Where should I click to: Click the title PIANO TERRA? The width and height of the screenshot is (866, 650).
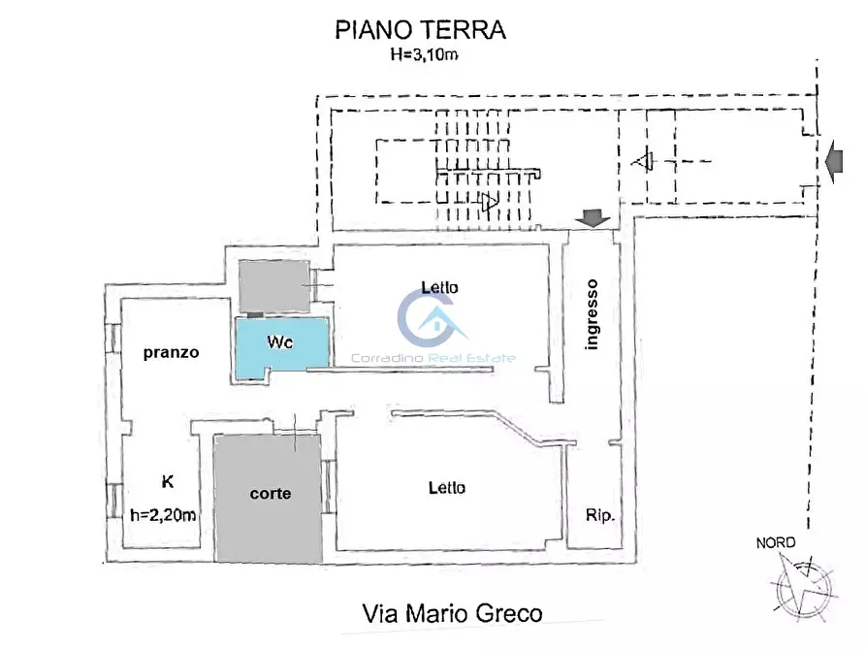(420, 30)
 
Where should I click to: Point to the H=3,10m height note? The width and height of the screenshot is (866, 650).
(421, 55)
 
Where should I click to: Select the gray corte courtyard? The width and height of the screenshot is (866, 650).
(269, 498)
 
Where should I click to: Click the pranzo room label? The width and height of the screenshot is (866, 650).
(171, 352)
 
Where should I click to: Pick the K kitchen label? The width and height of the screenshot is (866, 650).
(167, 480)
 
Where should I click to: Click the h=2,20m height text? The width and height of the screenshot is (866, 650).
(163, 516)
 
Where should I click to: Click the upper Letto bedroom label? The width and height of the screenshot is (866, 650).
(439, 287)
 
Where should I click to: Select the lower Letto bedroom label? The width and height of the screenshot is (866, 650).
(446, 487)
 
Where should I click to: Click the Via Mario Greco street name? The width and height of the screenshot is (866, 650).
(452, 613)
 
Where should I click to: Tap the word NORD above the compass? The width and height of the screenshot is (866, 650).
(776, 542)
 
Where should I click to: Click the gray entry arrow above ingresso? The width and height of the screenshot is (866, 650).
(592, 220)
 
